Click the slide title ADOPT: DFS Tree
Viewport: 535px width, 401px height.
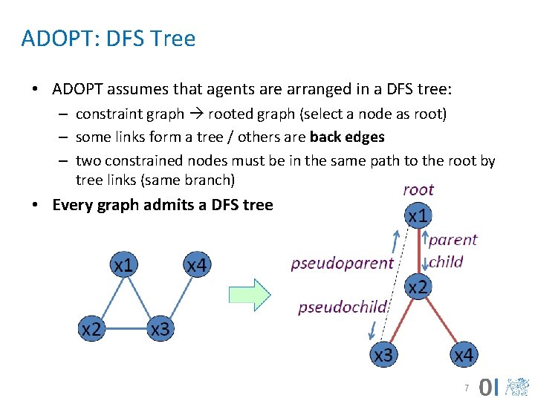108,39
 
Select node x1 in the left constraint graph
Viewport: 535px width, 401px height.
124,265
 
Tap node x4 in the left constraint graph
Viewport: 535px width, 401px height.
196,265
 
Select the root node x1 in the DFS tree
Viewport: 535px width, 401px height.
418,216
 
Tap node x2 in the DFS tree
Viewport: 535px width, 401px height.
418,287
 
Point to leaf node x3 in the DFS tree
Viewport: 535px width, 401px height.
383,356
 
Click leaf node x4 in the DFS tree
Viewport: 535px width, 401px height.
463,356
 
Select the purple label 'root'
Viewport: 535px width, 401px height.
418,190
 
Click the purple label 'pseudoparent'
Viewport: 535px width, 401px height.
342,263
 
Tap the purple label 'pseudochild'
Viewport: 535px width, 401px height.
343,307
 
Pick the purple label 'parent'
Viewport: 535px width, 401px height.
453,240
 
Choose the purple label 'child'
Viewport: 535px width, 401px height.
446,261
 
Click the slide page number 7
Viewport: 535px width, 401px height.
466,388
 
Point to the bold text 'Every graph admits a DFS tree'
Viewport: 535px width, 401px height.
162,205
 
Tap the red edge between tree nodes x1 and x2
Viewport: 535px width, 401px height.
418,252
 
